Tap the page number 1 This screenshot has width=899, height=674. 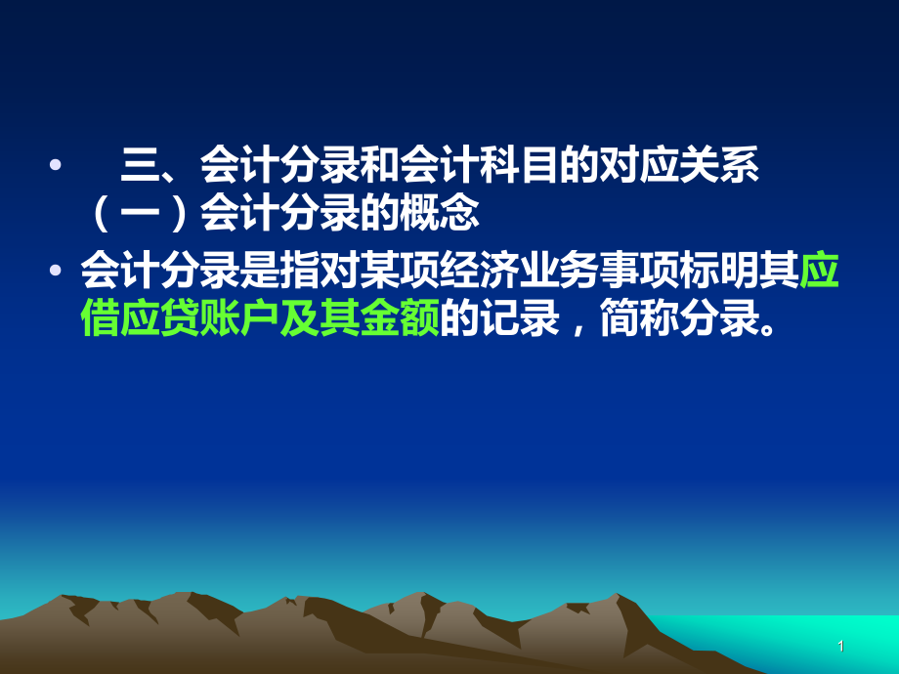(840, 646)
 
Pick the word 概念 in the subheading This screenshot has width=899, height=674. (439, 214)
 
